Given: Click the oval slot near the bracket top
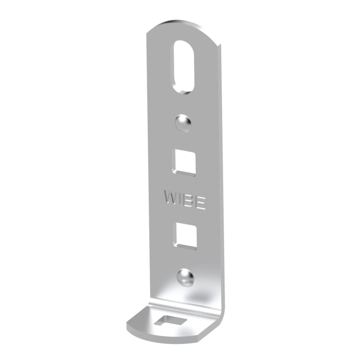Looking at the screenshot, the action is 184,67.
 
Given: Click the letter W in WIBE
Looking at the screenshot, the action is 170,197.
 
